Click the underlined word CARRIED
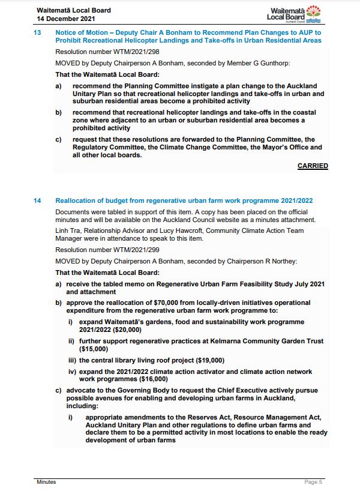[x=313, y=166]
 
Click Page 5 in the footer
[x=313, y=482]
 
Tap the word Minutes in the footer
[x=46, y=482]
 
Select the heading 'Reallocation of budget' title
[x=184, y=200]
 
